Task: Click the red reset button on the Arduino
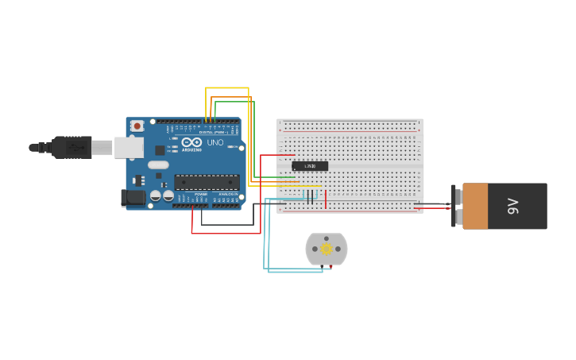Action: point(137,126)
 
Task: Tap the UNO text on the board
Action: point(215,143)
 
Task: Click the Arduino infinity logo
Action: point(192,141)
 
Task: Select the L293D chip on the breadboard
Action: point(310,166)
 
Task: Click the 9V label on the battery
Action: point(513,207)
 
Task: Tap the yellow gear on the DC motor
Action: point(327,249)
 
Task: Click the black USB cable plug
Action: point(72,147)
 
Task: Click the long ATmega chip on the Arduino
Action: point(207,182)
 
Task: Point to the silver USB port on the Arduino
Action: point(129,147)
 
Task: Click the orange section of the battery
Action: point(475,207)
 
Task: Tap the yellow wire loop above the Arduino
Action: point(227,88)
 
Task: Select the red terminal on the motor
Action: point(331,266)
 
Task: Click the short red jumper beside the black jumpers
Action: point(325,198)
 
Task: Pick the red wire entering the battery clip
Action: point(433,208)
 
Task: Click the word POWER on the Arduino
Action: point(201,194)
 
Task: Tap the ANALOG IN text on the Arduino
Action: point(228,194)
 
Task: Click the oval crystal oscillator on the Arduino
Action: point(158,165)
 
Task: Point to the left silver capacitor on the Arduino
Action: point(156,195)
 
